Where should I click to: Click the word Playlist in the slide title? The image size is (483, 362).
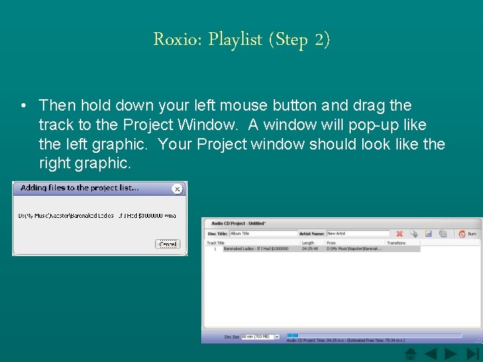(235, 40)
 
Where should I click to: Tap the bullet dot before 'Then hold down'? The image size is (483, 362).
(23, 106)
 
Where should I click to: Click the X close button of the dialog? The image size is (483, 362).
(177, 189)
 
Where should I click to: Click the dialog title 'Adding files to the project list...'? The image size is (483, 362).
(80, 188)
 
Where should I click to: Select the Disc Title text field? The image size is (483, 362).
(263, 233)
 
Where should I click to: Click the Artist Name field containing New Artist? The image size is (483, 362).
(357, 233)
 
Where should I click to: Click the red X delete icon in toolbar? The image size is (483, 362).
(399, 233)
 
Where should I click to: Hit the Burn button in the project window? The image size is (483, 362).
(467, 233)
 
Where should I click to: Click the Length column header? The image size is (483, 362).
(308, 243)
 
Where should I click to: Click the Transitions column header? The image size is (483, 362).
(396, 243)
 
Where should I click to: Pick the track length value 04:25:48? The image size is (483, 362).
(309, 249)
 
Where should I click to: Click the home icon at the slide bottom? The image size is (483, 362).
(411, 353)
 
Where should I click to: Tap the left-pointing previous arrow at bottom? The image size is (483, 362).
(431, 353)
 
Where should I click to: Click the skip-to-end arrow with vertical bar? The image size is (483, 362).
(473, 353)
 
